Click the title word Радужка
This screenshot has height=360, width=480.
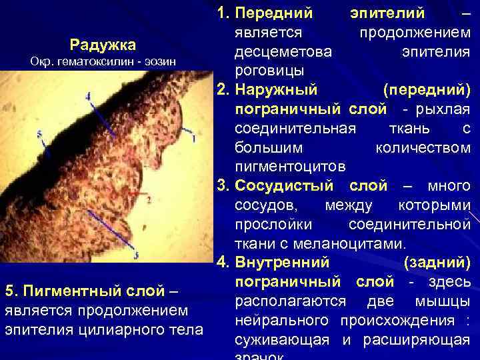[x=103, y=45]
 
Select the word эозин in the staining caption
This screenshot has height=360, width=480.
[x=157, y=61]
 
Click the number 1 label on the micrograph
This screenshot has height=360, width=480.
[x=193, y=138]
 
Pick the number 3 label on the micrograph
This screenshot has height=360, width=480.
[x=135, y=256]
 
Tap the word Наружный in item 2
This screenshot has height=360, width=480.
[x=277, y=89]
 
